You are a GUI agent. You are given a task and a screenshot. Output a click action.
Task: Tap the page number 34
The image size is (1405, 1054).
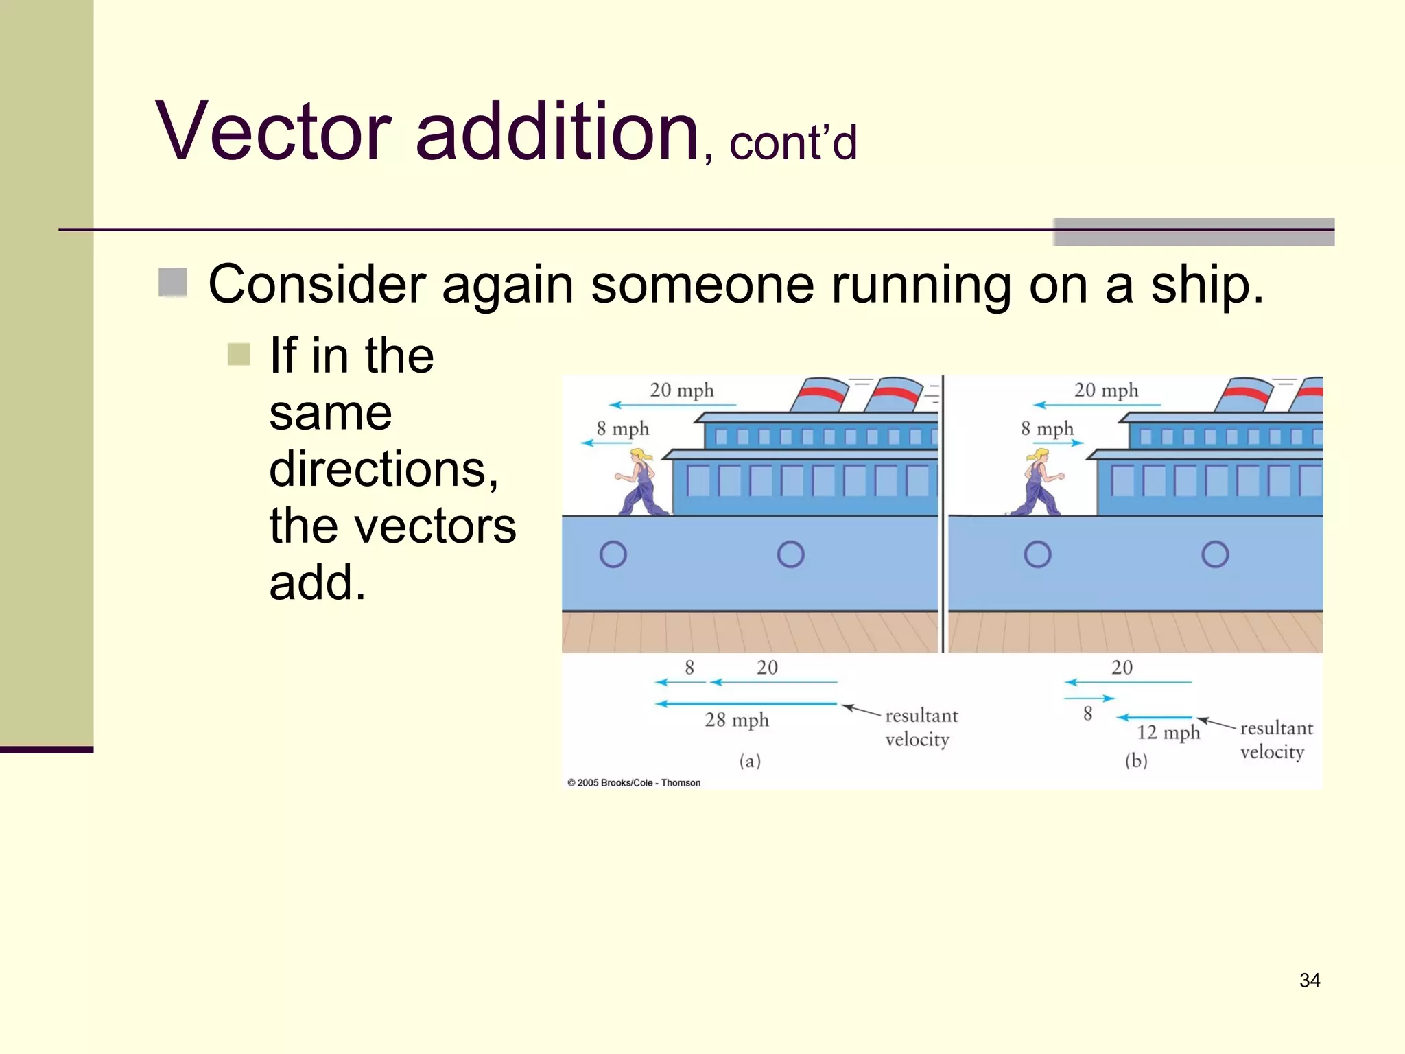tap(1309, 981)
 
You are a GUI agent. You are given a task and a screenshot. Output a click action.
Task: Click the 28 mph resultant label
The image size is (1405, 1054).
tap(736, 721)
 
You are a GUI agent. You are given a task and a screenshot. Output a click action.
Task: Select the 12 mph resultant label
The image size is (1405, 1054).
tap(1168, 733)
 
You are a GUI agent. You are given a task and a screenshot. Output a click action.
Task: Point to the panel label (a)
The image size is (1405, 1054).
tap(749, 761)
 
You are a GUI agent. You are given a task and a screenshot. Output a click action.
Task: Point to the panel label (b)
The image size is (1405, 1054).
tap(1135, 761)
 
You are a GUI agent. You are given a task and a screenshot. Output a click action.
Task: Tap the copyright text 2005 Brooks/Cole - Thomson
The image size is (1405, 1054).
tap(634, 783)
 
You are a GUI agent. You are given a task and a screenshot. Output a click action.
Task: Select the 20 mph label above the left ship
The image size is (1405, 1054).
tap(681, 390)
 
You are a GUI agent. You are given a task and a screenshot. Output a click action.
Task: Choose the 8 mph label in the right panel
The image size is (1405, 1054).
tap(1046, 429)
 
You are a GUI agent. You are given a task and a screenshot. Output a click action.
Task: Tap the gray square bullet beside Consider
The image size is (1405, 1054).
tap(173, 283)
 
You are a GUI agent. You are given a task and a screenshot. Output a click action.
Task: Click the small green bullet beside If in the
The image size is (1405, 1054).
tap(239, 355)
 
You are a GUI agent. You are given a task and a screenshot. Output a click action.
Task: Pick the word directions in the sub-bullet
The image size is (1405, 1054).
tap(383, 469)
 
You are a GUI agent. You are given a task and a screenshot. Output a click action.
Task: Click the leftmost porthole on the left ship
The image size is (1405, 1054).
tap(613, 554)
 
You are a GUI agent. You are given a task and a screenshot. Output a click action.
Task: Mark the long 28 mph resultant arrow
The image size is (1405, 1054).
tap(746, 703)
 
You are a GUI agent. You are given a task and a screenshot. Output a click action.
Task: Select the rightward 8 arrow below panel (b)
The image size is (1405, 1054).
tap(1089, 699)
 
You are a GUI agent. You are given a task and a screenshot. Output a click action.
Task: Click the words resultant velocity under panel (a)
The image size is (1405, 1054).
tap(920, 727)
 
